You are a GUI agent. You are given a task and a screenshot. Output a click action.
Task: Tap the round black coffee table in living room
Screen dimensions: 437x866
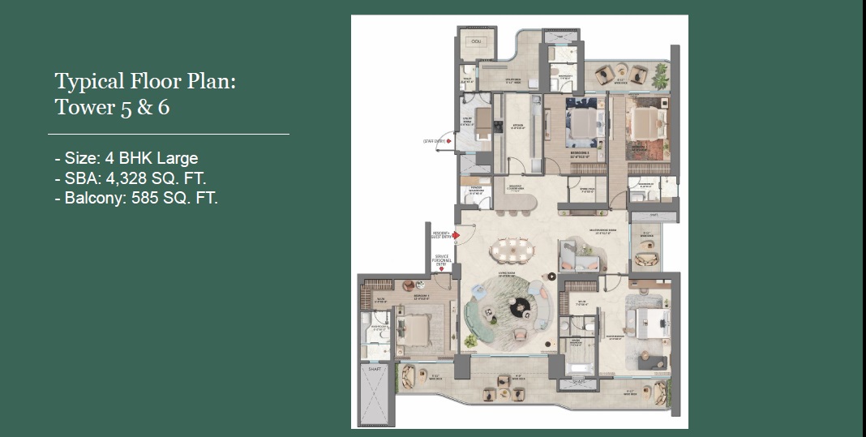[519, 306]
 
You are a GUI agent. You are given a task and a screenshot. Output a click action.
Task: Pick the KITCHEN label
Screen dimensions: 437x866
[517, 126]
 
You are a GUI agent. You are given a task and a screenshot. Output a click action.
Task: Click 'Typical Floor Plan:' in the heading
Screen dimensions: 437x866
[145, 81]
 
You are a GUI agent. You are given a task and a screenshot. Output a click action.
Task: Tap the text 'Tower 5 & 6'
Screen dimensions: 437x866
[112, 107]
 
